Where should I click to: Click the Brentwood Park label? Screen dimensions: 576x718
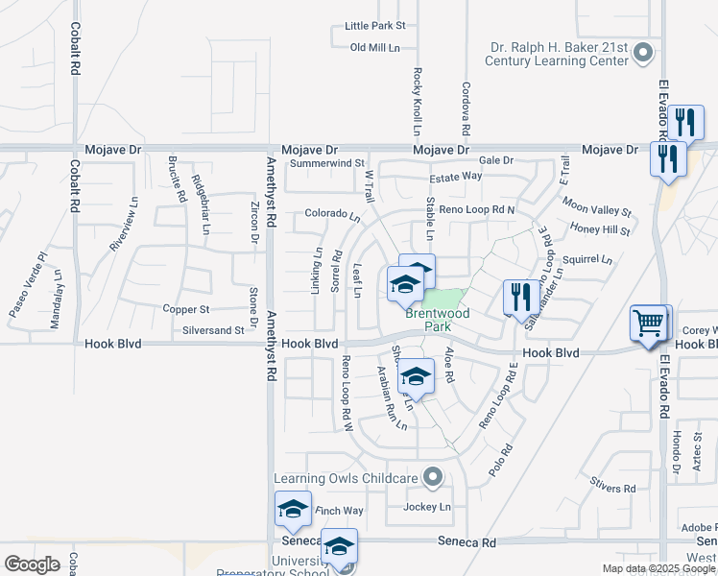tap(437, 320)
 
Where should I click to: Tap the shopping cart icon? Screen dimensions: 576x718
tap(649, 324)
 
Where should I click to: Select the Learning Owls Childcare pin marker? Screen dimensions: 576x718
tap(433, 476)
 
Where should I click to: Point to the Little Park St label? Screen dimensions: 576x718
tap(375, 26)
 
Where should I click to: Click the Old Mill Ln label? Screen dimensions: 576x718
tap(374, 47)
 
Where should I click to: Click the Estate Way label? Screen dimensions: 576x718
tap(455, 177)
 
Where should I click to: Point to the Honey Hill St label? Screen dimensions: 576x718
tap(600, 229)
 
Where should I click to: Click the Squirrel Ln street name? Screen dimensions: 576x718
tap(587, 259)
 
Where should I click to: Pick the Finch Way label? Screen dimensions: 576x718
tap(340, 511)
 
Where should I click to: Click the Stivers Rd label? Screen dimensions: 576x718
tap(614, 489)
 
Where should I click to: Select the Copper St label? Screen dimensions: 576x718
tap(185, 310)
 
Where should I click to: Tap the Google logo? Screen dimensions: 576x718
tap(33, 564)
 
